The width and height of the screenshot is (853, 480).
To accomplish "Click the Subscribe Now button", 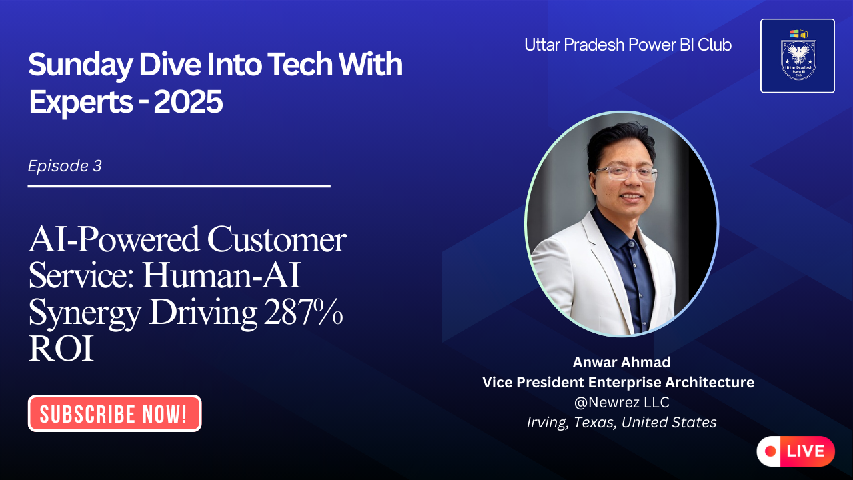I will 114,414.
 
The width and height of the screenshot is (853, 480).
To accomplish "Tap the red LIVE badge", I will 796,451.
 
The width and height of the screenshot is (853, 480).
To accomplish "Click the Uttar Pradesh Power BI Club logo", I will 797,55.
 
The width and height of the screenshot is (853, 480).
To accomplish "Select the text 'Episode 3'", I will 65,166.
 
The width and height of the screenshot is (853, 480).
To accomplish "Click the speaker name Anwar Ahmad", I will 621,362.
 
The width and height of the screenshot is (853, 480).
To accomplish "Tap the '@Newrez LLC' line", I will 621,403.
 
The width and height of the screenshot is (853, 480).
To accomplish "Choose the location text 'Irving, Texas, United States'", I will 621,423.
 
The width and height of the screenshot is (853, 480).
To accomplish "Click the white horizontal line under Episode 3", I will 179,186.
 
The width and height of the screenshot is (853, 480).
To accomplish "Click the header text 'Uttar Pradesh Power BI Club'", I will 628,45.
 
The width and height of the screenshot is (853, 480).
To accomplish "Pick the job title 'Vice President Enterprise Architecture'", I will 618,383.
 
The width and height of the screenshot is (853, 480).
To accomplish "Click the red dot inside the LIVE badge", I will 771,451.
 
